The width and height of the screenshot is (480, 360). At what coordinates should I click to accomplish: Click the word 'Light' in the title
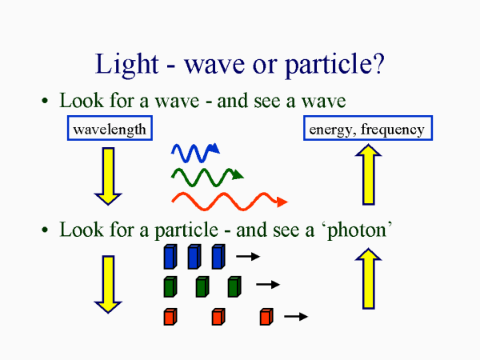[x=123, y=63]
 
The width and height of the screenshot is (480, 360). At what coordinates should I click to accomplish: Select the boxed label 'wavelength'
[x=109, y=129]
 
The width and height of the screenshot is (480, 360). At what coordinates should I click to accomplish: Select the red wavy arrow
[x=228, y=200]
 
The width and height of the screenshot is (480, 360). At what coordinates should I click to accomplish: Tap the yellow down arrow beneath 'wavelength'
[x=108, y=175]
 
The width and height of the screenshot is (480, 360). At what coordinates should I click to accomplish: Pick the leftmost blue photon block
[x=170, y=257]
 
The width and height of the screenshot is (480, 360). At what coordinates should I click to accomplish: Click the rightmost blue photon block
[x=218, y=257]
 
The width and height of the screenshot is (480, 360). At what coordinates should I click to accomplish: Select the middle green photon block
[x=202, y=286]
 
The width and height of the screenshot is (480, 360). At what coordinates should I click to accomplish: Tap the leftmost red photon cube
[x=169, y=317]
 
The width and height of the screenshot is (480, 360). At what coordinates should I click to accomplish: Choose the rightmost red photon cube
[x=266, y=317]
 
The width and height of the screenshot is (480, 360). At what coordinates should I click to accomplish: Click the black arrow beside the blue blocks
[x=249, y=257]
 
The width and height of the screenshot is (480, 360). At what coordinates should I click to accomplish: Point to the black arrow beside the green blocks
[x=267, y=285]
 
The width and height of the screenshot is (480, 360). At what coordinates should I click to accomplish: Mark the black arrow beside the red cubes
[x=296, y=317]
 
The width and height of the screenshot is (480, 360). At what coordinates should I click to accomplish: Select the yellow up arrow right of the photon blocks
[x=368, y=278]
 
